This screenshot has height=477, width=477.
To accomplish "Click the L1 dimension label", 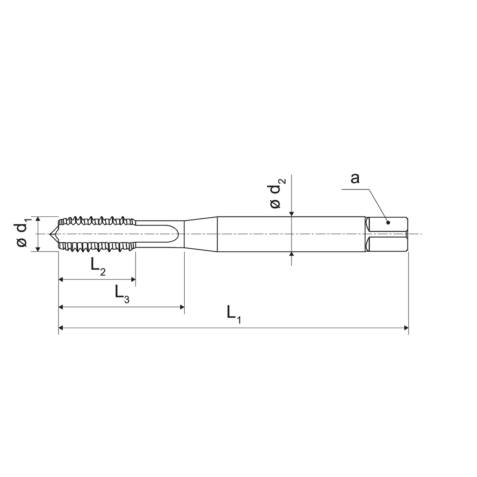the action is (234, 314).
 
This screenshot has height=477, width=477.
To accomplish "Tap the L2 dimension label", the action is (98, 266).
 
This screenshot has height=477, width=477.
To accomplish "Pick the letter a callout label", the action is (355, 178).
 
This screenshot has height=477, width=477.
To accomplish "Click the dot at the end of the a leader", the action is (388, 222).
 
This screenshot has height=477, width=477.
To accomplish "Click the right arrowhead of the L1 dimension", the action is (406, 328).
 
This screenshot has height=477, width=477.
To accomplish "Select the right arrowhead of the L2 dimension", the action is (133, 280).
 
